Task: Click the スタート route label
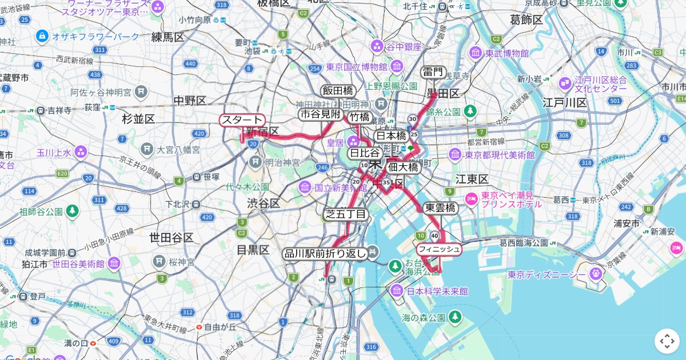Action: point(242,120)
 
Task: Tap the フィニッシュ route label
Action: point(438,249)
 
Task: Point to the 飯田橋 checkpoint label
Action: point(338,91)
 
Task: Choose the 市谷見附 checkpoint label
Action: point(320,115)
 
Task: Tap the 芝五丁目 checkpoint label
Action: point(345,214)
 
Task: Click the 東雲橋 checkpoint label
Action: point(440,208)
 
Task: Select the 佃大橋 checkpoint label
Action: point(403,167)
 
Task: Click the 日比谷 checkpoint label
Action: point(365,153)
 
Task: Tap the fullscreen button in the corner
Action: point(667,341)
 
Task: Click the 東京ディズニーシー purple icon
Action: point(596,275)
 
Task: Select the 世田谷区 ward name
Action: point(171,237)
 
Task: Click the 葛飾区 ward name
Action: point(526,20)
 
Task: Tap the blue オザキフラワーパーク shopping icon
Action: point(42,37)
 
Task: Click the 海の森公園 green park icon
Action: point(454,317)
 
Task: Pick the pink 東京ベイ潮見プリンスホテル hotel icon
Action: point(472,199)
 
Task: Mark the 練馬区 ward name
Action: point(167,37)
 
